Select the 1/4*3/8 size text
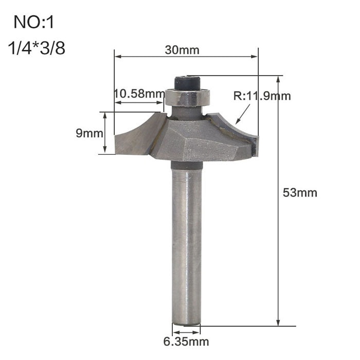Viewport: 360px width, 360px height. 36,50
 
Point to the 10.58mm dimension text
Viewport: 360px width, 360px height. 136,94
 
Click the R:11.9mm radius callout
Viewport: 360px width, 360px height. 262,96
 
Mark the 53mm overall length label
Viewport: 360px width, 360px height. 300,193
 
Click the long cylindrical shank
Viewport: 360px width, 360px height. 186,242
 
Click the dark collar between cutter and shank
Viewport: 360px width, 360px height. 186,165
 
